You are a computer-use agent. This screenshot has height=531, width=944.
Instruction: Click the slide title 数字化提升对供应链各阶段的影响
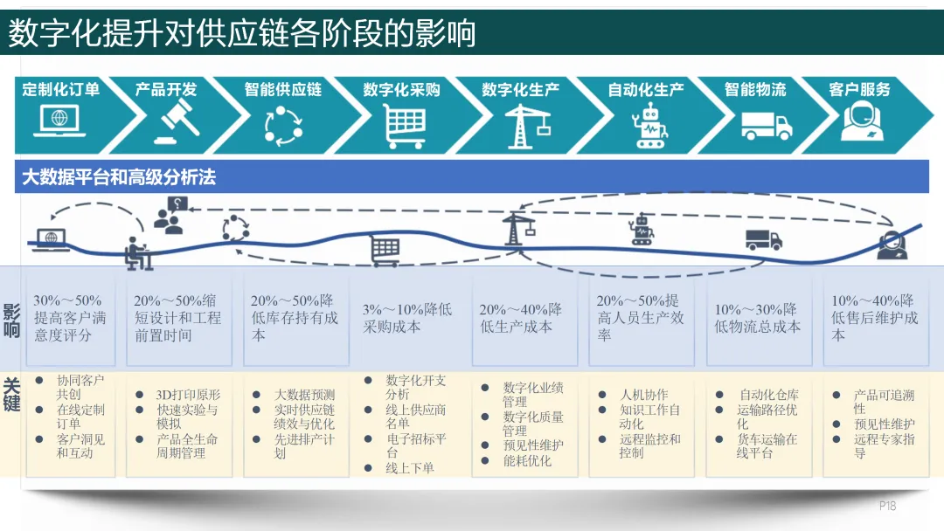pos(242,32)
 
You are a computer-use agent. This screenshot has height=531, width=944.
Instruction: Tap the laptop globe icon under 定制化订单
pos(59,121)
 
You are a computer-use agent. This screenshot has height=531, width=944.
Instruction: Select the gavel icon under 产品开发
pos(177,123)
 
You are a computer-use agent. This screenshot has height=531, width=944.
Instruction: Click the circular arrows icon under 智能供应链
pos(283,125)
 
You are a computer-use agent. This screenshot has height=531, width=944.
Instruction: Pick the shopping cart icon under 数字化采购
pos(405,126)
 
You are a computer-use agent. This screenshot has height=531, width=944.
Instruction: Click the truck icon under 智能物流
pos(766,126)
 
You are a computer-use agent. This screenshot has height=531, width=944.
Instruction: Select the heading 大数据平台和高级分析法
pos(119,177)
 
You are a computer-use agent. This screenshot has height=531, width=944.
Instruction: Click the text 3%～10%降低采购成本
pos(407,318)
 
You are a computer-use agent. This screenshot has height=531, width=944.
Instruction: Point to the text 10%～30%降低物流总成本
pos(757,318)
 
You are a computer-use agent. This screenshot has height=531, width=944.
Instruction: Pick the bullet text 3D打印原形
pos(188,395)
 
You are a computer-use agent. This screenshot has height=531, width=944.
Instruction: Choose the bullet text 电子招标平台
pos(415,445)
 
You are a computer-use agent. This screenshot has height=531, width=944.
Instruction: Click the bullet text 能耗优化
pos(527,460)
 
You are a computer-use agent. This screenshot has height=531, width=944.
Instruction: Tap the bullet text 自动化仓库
pos(768,395)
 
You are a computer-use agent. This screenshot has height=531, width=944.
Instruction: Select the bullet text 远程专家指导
pos(884,446)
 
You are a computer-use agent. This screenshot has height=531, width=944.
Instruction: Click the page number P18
pos(887,506)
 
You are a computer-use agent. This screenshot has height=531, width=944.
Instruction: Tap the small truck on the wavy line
pos(763,240)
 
